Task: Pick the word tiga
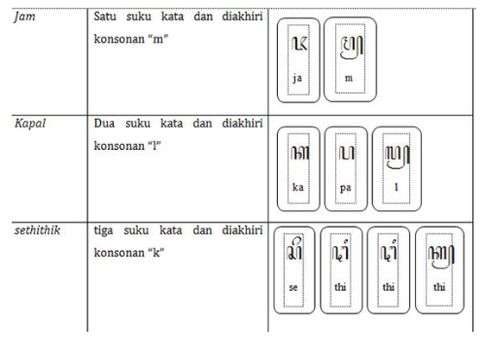[106, 231]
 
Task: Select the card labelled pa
[347, 166]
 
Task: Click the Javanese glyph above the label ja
[298, 45]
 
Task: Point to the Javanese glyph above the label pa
[347, 152]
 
